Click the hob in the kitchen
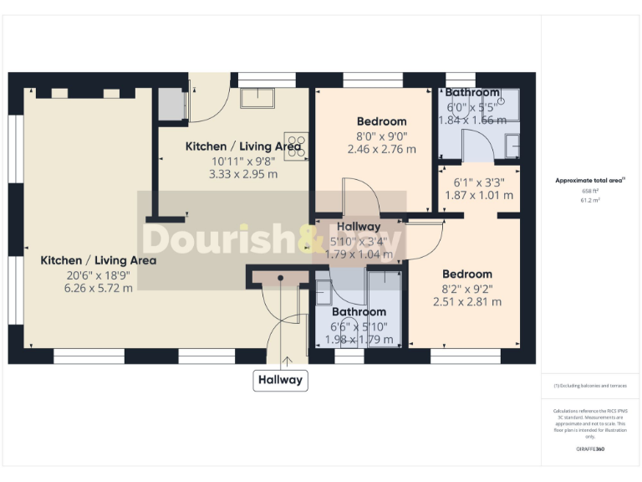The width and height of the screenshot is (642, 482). [297, 145]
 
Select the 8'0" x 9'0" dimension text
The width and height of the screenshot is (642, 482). [380, 136]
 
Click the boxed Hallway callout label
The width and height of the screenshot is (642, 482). [281, 380]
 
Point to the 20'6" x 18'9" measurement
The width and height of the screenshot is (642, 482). [98, 274]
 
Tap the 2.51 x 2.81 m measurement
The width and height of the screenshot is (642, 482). [467, 302]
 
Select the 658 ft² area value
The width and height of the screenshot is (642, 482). [590, 190]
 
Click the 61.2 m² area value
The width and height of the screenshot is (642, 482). [590, 201]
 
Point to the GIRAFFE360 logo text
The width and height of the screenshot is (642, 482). [590, 449]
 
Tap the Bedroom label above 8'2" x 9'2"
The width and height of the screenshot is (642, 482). [467, 274]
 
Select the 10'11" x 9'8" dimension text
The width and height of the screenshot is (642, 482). [242, 161]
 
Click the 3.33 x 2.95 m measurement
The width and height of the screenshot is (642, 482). [242, 175]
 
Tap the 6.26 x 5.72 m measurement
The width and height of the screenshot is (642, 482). [98, 289]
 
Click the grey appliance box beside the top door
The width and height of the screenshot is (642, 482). [171, 104]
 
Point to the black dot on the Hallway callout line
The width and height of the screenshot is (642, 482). [281, 277]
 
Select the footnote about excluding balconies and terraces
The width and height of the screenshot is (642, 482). [590, 386]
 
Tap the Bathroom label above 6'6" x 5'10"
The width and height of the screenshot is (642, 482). [358, 312]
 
